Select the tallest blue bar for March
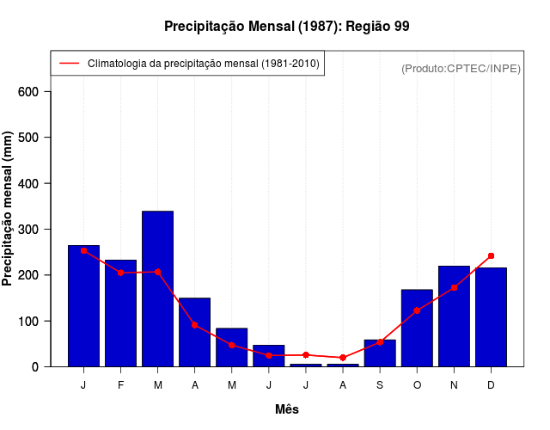pyautogui.click(x=157, y=288)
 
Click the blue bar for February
pyautogui.click(x=120, y=312)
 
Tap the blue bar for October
pyautogui.click(x=417, y=328)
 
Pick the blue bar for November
pyautogui.click(x=454, y=316)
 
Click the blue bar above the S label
pyautogui.click(x=380, y=353)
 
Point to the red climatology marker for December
pyautogui.click(x=491, y=255)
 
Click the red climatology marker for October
pyautogui.click(x=417, y=310)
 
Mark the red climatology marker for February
pyautogui.click(x=120, y=273)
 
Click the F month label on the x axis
pyautogui.click(x=120, y=385)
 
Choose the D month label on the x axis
pyautogui.click(x=491, y=385)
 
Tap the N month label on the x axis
pyautogui.click(x=454, y=385)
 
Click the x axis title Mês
pyautogui.click(x=287, y=409)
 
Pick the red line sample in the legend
pyautogui.click(x=70, y=64)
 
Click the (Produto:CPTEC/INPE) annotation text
pyautogui.click(x=461, y=68)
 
